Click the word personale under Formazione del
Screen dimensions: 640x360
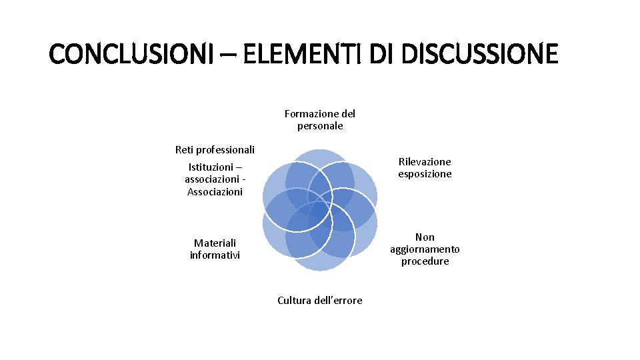320,126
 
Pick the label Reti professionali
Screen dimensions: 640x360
215,149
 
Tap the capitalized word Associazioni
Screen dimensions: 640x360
215,192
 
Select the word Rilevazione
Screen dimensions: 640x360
425,161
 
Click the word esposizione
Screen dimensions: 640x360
425,174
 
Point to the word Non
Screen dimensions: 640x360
425,237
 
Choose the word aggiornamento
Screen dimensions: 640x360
425,249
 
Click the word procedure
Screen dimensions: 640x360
425,261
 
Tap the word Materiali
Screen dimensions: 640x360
215,243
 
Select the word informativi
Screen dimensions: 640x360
215,255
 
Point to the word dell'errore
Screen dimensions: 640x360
339,301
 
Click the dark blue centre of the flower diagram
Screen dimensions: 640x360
320,210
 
